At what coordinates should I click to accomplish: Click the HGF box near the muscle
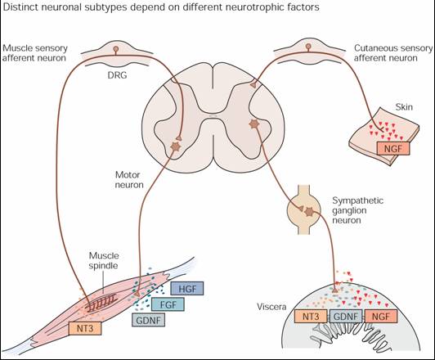[187, 289]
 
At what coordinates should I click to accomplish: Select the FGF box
[168, 304]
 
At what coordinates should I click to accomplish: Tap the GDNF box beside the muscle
[149, 320]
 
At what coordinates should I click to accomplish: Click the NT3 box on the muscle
[85, 328]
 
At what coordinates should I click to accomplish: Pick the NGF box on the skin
[393, 148]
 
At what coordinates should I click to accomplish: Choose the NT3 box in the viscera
[311, 316]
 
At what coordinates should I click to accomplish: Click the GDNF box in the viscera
[346, 316]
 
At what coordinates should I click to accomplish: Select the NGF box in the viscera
[381, 316]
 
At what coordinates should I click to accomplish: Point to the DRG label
[117, 75]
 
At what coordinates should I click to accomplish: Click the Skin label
[404, 107]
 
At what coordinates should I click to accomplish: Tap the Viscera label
[271, 307]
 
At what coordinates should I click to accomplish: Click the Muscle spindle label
[104, 260]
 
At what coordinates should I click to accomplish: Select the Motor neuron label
[129, 179]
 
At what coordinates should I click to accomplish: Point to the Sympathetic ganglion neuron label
[358, 210]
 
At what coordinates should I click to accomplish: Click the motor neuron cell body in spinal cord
[176, 146]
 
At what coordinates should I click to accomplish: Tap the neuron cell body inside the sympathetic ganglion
[309, 212]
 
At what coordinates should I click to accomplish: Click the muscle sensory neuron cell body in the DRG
[116, 49]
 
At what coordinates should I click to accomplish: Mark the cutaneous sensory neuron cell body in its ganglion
[308, 46]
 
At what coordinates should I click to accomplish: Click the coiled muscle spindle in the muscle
[101, 302]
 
